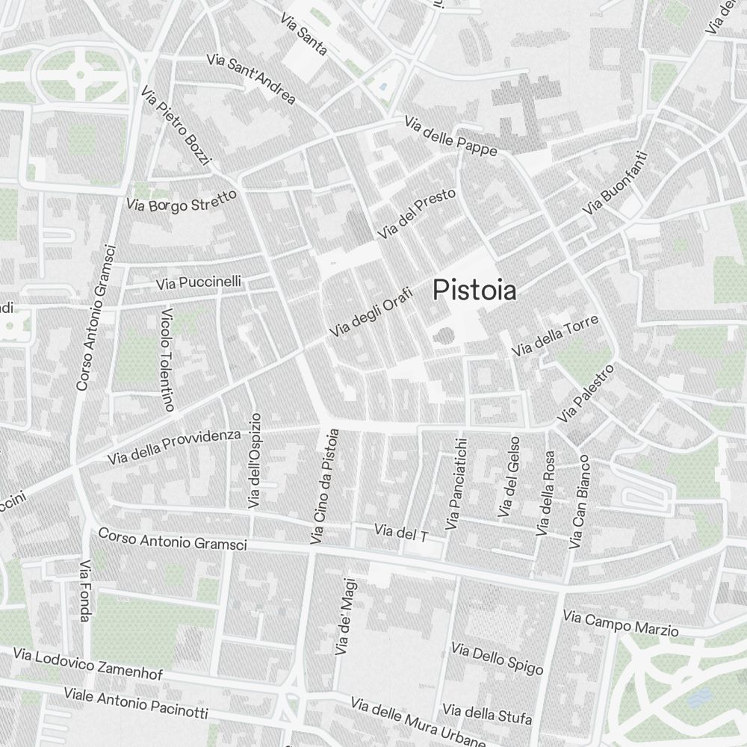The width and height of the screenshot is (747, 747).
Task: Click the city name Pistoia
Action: (474, 290)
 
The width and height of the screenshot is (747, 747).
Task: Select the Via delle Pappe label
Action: (450, 137)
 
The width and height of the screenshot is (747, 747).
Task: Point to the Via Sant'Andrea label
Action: (251, 78)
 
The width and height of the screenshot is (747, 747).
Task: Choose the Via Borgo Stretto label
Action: (181, 201)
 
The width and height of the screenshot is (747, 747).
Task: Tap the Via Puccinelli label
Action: (199, 282)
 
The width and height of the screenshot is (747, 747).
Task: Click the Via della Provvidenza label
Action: (174, 446)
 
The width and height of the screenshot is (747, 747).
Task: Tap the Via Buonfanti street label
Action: (616, 184)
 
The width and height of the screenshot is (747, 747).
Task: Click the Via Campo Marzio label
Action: (621, 624)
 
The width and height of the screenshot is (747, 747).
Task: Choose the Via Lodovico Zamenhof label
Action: (87, 664)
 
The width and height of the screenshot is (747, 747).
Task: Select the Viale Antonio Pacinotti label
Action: (135, 703)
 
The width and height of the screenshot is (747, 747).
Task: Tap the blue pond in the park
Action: (698, 698)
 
